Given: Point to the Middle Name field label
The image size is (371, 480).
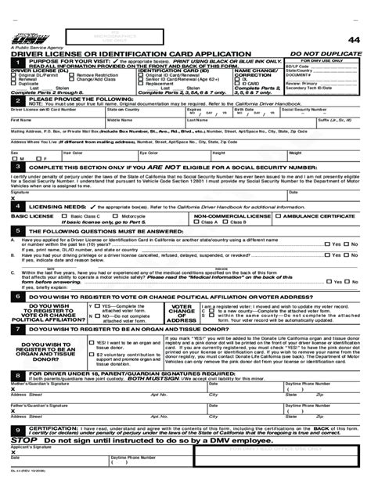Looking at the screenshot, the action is pyautogui.click(x=141, y=121).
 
